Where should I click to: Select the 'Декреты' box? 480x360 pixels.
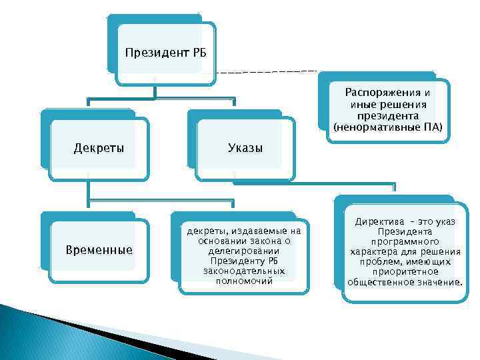tap(98, 147)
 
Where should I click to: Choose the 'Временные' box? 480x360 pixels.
tap(99, 250)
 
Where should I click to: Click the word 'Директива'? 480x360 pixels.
tap(379, 221)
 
